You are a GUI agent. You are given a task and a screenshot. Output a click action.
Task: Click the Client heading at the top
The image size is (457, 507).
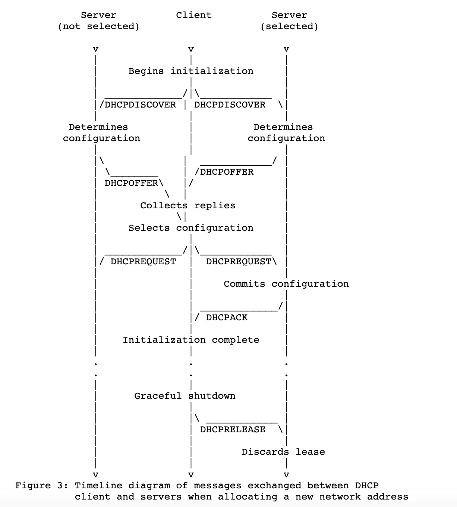point(193,15)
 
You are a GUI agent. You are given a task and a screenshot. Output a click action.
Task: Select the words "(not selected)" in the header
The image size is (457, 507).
point(98,27)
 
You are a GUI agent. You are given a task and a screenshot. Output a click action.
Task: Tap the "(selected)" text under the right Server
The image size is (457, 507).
point(289,27)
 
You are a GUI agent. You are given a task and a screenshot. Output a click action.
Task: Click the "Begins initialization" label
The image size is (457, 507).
point(191,71)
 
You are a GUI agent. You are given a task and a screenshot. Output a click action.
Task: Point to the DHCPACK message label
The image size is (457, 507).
point(227,318)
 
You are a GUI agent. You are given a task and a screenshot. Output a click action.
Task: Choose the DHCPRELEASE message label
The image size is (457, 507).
point(233,430)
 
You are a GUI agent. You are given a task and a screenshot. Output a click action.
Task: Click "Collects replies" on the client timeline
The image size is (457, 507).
point(187,206)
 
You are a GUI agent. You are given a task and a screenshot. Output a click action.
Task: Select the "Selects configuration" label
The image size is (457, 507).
point(191,228)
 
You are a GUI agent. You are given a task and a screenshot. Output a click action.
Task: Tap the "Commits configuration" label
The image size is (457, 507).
point(286,284)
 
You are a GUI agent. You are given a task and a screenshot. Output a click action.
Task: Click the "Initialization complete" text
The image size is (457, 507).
point(191,340)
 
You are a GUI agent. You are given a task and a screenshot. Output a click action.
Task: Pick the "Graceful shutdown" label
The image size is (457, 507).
point(185,396)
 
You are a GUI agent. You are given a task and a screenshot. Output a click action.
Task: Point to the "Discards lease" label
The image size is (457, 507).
point(283,452)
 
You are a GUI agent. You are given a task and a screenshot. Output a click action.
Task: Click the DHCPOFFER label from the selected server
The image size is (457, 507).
point(227,172)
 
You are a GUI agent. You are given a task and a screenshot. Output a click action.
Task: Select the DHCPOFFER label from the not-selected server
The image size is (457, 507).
point(131,183)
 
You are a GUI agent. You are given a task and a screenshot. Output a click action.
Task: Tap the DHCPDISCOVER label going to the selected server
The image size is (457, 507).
point(230,105)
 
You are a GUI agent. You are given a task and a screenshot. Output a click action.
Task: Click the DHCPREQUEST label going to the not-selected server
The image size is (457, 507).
point(143,262)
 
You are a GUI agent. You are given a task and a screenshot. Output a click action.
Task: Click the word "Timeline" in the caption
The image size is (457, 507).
point(98,486)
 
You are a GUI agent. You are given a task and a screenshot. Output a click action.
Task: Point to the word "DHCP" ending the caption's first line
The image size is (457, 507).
point(367,486)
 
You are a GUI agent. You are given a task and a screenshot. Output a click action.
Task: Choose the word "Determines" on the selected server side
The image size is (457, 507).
point(283,127)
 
